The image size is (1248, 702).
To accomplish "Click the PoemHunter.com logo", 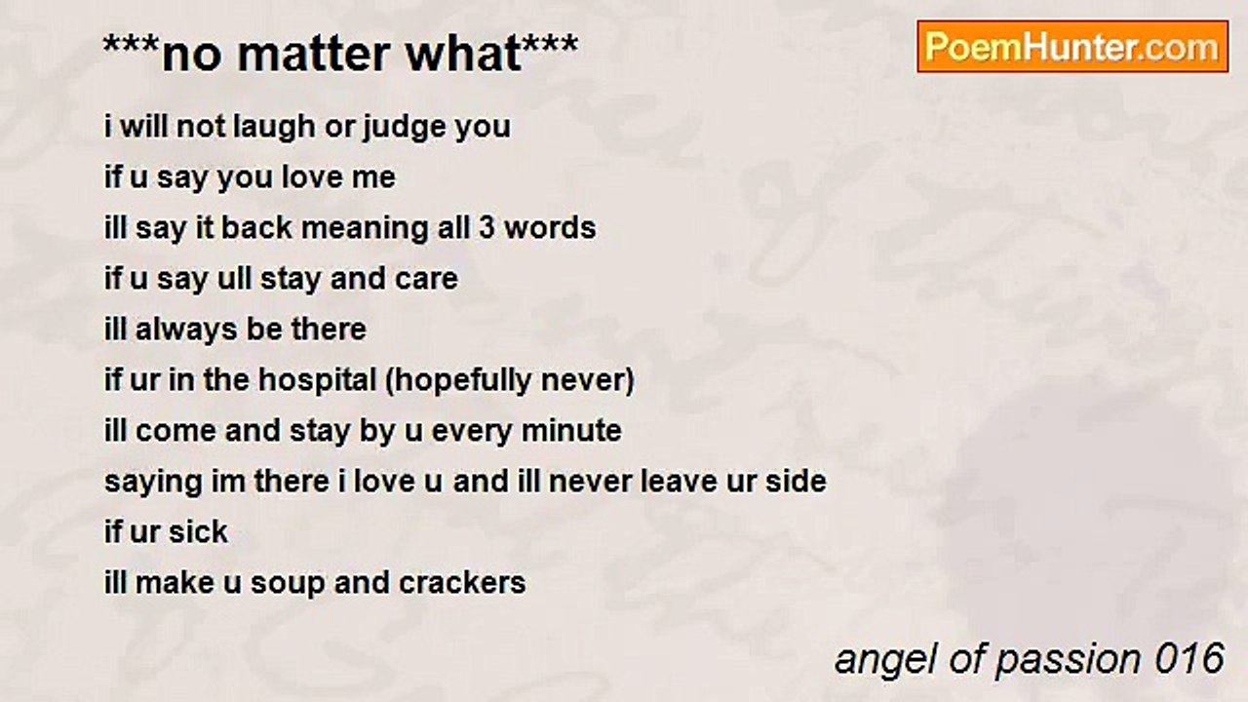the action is pyautogui.click(x=1072, y=47).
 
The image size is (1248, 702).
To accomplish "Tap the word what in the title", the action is pyautogui.click(x=464, y=54).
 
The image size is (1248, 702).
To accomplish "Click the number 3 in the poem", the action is pyautogui.click(x=487, y=228).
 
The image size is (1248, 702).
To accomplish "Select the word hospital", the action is pyautogui.click(x=318, y=381).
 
